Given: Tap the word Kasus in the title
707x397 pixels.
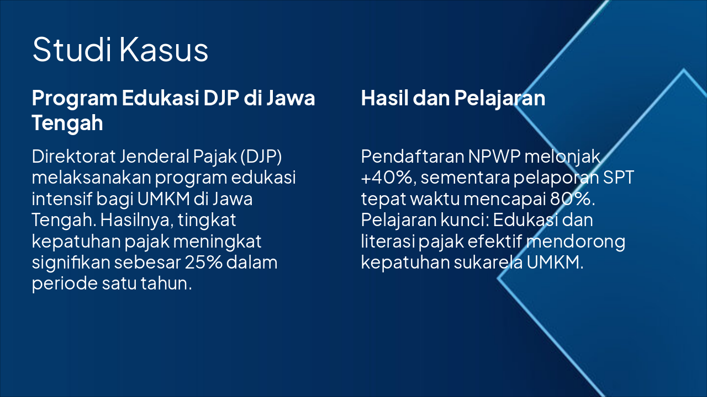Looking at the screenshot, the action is (x=164, y=49).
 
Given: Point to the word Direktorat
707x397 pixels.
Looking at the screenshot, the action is (x=73, y=156).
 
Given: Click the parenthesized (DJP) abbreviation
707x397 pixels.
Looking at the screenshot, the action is (x=261, y=157).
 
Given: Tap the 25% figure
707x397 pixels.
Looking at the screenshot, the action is (x=204, y=262).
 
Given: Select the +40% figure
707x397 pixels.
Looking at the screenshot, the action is (x=387, y=178).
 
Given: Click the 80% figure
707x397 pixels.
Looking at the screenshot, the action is (x=572, y=199).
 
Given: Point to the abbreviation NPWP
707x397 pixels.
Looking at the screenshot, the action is (x=494, y=156).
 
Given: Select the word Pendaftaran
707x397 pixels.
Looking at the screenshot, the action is (x=413, y=156).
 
